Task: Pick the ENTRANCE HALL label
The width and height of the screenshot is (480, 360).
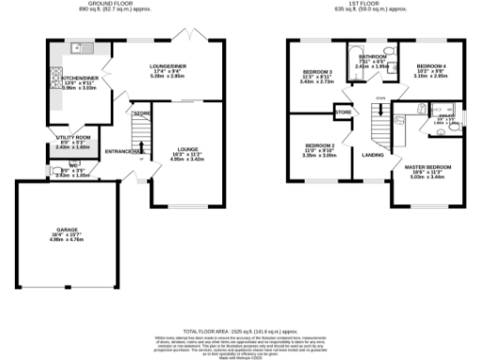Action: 123,150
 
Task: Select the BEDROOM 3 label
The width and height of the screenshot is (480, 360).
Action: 317,72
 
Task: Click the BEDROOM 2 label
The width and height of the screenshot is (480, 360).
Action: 319,146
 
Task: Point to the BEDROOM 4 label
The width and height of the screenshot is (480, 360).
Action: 431,67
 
